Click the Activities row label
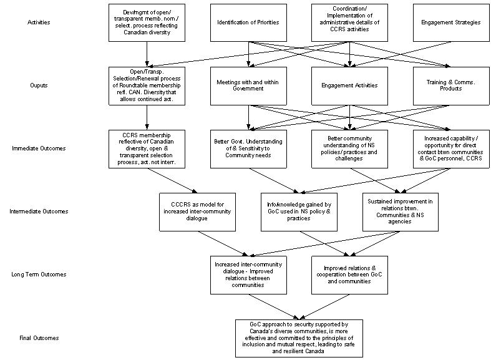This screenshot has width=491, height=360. (39, 22)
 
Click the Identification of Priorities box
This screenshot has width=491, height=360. (248, 22)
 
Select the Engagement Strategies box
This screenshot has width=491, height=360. (451, 22)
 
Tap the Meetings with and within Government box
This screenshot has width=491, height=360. (248, 85)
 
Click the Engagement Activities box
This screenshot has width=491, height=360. (349, 85)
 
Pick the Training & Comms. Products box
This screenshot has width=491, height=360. (451, 85)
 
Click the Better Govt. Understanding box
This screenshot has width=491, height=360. (248, 149)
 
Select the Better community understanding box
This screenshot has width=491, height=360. (349, 149)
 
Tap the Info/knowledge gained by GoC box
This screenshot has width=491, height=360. (299, 212)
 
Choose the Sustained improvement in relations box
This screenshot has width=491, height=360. (401, 212)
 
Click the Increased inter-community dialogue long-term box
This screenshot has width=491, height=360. (248, 274)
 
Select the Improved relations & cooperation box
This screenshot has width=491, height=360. (349, 274)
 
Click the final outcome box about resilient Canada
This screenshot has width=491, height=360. (299, 338)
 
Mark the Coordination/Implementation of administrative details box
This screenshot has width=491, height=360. (349, 22)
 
